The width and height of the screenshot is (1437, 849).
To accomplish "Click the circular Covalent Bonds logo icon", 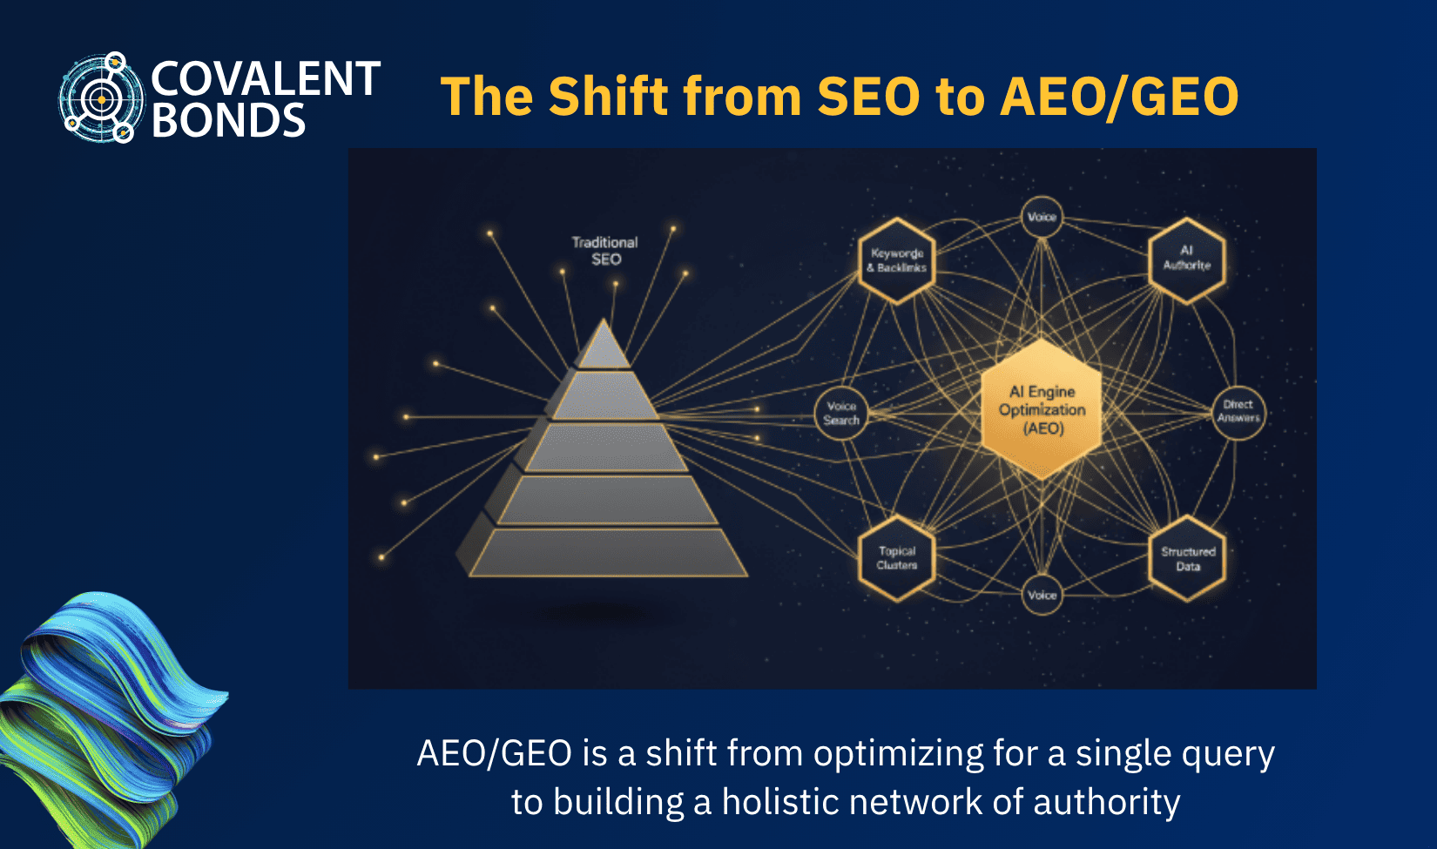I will tap(100, 98).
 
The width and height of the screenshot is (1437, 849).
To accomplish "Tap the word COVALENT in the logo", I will tap(266, 78).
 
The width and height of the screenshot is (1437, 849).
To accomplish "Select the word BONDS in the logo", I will tap(228, 121).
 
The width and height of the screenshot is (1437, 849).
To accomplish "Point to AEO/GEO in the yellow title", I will tap(1119, 96).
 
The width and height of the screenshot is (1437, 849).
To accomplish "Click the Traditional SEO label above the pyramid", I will tap(604, 251).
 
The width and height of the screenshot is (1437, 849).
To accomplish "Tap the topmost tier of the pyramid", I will tap(603, 347).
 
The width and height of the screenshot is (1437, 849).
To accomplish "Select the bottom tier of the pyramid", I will tap(607, 553).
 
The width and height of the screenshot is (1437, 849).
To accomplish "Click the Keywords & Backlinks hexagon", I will tap(897, 260).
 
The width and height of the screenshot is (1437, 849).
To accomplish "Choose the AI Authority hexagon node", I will tap(1187, 259).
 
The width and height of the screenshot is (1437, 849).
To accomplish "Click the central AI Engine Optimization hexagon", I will tap(1042, 409).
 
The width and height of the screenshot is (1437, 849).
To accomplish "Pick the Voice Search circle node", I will tap(841, 413).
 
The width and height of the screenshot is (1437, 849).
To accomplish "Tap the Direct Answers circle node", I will tap(1238, 411).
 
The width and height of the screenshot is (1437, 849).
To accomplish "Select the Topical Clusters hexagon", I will tap(897, 558).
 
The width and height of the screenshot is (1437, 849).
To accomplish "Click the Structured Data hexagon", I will tap(1188, 558).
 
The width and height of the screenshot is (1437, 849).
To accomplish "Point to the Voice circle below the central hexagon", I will tap(1042, 595).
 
